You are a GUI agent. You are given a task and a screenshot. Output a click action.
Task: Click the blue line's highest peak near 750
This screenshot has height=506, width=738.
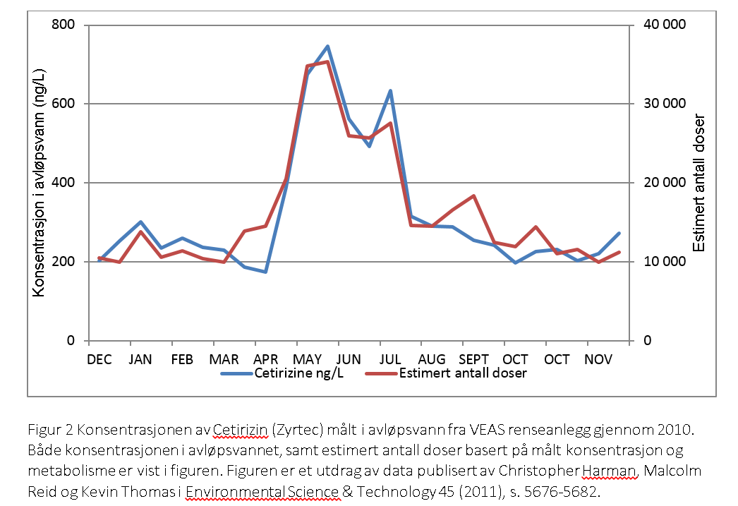(327, 47)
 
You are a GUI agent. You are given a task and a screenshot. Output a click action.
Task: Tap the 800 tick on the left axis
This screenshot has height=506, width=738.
(66, 25)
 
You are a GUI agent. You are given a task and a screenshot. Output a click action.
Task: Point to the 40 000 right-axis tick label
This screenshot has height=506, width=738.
(664, 25)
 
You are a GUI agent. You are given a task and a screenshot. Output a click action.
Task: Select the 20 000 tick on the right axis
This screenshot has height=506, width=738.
(664, 183)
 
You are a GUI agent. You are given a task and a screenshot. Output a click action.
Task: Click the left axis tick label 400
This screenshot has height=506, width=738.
(66, 183)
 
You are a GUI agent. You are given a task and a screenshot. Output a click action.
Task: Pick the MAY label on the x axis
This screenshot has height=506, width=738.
(307, 359)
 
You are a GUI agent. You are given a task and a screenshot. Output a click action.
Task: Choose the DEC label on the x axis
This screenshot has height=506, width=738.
(99, 359)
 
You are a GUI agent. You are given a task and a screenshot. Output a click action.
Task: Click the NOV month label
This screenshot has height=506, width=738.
(598, 359)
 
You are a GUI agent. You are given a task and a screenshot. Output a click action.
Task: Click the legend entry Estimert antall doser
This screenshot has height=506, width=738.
(463, 373)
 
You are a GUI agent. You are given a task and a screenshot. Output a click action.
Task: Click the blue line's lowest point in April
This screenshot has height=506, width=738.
(265, 272)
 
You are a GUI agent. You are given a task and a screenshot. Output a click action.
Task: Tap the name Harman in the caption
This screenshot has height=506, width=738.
(618, 471)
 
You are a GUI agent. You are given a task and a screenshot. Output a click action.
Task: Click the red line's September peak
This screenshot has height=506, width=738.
(473, 195)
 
